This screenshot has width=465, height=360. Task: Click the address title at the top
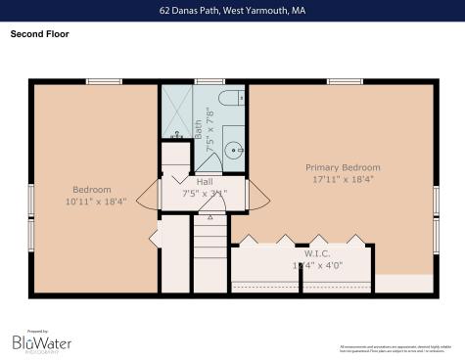[232, 11]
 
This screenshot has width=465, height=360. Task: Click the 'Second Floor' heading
[40, 34]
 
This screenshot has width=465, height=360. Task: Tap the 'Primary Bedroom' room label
[343, 167]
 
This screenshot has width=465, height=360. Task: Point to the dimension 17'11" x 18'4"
[343, 179]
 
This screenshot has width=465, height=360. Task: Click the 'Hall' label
[204, 182]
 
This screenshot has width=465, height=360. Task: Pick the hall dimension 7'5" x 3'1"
[204, 193]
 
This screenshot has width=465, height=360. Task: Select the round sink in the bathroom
[233, 150]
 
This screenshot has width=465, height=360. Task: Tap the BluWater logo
[41, 341]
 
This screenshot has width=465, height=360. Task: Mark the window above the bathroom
[209, 81]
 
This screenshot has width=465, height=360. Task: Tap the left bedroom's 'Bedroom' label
[92, 189]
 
